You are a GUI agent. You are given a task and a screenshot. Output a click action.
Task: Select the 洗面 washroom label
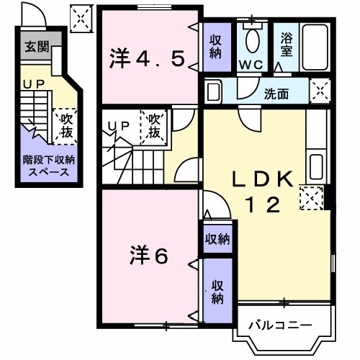point(276,93)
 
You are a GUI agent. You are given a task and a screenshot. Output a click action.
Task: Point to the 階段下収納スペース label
point(44,166)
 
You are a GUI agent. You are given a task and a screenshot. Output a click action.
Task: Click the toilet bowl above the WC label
point(253,42)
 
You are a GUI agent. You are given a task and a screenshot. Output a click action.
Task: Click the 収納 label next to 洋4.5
point(216,46)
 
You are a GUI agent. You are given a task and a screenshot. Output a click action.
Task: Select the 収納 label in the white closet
point(216,238)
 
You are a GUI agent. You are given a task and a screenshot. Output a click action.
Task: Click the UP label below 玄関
point(32,84)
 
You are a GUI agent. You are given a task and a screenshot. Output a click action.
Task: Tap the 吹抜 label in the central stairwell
point(156,125)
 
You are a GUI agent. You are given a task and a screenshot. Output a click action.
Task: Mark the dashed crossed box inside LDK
point(311,197)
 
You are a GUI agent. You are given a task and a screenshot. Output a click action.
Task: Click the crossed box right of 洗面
point(320,91)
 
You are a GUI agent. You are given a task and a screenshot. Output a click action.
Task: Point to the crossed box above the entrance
point(81,17)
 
